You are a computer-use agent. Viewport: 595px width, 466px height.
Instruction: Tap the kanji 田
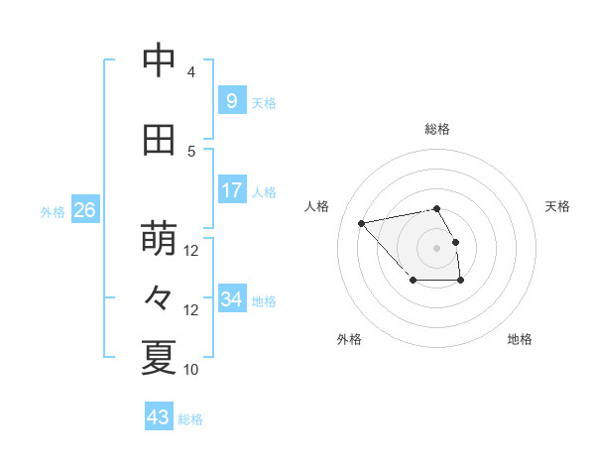(159, 140)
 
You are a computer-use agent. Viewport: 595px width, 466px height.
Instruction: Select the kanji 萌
(159, 239)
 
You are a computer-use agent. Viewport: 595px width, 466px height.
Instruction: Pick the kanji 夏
(159, 358)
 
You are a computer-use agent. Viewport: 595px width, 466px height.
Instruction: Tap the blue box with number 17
(231, 190)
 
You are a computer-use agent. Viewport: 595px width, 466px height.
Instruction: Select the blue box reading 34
(231, 299)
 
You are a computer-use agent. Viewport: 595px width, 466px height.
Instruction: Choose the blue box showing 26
(84, 210)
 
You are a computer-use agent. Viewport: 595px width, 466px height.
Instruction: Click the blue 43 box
(159, 417)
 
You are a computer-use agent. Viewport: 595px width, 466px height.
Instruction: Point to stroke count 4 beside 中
(190, 72)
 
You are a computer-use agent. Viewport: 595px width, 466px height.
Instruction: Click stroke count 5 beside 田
(190, 151)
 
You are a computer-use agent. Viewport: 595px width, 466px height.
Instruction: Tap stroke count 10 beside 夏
(191, 370)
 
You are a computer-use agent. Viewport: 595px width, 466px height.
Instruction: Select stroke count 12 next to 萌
(191, 251)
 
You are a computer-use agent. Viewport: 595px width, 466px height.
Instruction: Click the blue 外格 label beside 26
(53, 211)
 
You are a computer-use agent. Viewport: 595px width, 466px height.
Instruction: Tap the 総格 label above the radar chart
(437, 129)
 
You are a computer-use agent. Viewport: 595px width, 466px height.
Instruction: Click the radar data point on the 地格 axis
(461, 282)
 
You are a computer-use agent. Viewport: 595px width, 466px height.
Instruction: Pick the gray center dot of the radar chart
(437, 247)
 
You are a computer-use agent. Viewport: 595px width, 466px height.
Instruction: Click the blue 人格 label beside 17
(264, 191)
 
